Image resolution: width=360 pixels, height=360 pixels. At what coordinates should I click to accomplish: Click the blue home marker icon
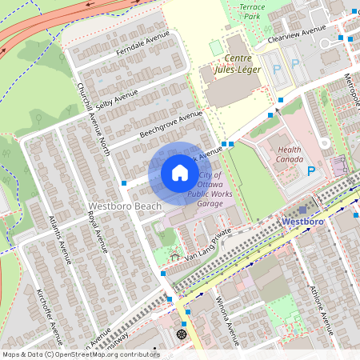[x=180, y=173]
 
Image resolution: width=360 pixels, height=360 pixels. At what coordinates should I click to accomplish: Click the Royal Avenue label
[x=97, y=233]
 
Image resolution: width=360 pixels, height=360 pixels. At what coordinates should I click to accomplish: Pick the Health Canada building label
[x=290, y=154]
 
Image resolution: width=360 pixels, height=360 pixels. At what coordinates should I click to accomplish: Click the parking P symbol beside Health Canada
[x=312, y=170]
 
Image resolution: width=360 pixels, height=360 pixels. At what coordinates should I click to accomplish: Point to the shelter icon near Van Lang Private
[x=175, y=257]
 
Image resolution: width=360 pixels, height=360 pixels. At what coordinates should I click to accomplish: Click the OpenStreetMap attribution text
[x=80, y=354]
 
